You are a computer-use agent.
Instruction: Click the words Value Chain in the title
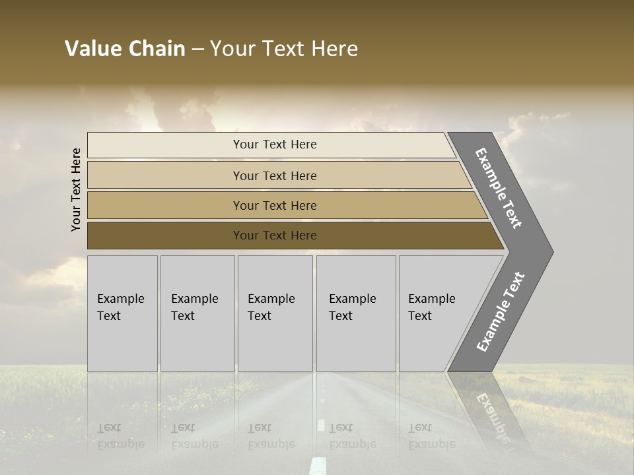click(x=125, y=49)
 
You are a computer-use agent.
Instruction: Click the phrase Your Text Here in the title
click(x=284, y=49)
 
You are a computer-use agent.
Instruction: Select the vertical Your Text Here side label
click(x=76, y=189)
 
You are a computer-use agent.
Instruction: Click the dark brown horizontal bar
click(x=165, y=236)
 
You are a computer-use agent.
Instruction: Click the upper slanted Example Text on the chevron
click(x=499, y=188)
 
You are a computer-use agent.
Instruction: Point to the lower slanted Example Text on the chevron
click(x=501, y=312)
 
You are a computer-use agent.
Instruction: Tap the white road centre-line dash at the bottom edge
click(x=318, y=465)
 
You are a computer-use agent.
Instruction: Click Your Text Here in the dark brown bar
click(x=275, y=236)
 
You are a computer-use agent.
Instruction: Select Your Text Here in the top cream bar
click(x=275, y=144)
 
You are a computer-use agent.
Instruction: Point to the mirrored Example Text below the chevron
click(x=492, y=416)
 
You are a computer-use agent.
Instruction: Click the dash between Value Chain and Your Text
click(x=197, y=49)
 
